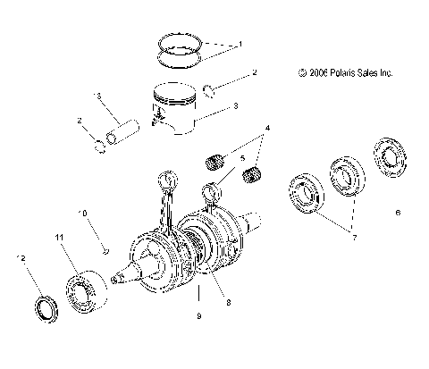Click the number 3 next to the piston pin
(99, 96)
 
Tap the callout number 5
(242, 158)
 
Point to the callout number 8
(228, 304)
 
